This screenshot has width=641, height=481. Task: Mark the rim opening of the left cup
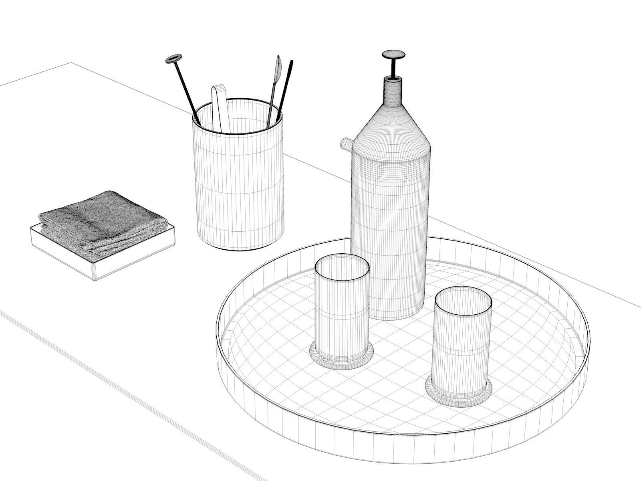341,269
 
